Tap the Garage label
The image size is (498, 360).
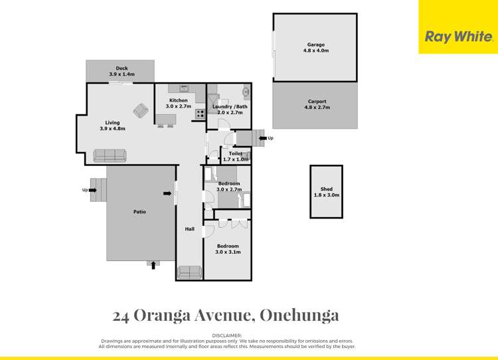point(315,45)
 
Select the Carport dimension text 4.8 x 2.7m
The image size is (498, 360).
point(315,108)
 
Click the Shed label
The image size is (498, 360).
point(326,189)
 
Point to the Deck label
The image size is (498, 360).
point(121,68)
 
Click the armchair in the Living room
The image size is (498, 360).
point(141,111)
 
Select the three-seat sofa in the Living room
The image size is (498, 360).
point(110,155)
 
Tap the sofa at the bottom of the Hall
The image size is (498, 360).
point(190,272)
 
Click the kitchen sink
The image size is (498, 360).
point(183,89)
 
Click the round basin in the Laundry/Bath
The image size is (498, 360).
point(245,92)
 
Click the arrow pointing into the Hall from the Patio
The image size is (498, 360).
point(166,193)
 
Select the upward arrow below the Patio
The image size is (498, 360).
point(154,265)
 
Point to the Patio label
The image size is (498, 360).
point(139,212)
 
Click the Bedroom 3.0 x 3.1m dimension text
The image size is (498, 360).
point(227,252)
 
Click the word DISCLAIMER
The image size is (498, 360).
point(227,335)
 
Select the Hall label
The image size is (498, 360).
point(189,229)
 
